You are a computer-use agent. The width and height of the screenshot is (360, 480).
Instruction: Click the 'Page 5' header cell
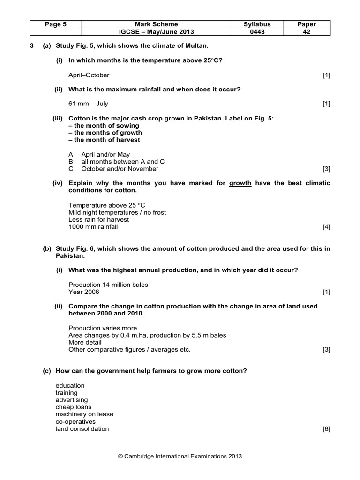coord(55,24)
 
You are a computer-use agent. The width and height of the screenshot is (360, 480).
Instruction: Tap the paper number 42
coord(307,32)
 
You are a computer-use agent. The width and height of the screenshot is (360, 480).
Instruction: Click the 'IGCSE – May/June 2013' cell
coord(156,32)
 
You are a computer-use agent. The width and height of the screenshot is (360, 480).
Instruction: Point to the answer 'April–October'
coord(89,75)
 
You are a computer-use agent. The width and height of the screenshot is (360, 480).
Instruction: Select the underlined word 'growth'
coord(240,183)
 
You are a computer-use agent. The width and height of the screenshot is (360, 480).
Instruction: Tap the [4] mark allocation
coord(326,227)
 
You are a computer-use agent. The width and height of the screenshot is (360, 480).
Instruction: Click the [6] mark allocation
coord(326,429)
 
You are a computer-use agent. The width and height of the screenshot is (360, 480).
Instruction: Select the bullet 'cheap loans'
coord(74,407)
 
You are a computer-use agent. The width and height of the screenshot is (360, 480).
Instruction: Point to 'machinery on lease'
coord(84,414)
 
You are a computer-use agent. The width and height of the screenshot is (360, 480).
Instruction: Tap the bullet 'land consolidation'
coord(82,429)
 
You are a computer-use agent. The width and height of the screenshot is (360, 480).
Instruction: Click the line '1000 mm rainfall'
coord(93,227)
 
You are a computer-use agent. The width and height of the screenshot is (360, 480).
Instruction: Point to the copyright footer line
coord(180,456)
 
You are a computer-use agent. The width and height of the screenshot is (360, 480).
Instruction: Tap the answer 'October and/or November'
coord(120,169)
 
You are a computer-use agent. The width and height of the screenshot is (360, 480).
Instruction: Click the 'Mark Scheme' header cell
coord(156,24)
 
